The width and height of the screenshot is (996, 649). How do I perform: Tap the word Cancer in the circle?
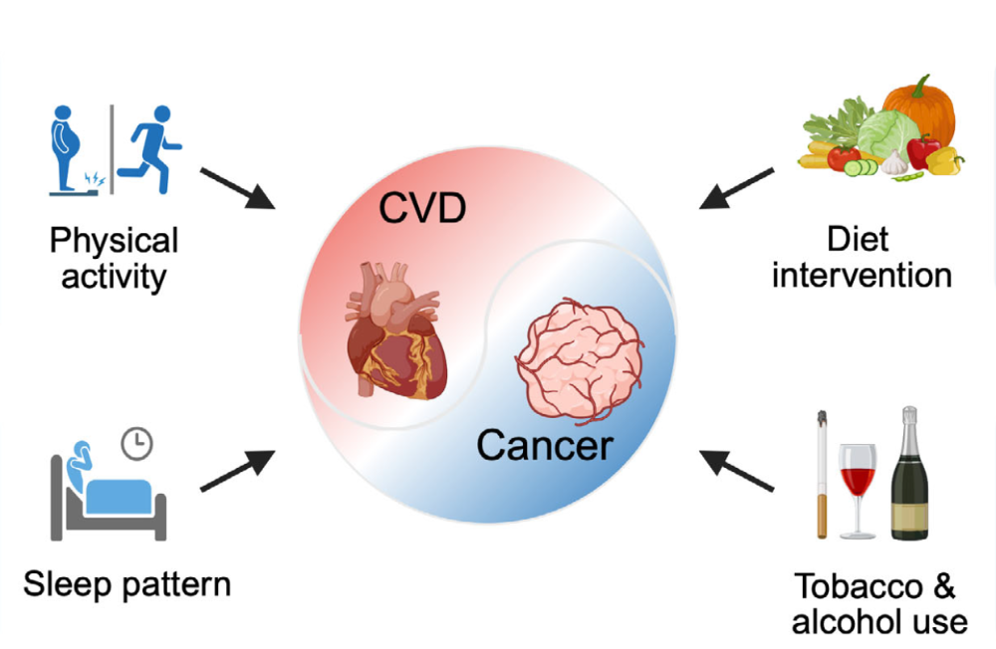point(544,444)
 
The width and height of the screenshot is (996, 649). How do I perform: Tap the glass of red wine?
point(857,488)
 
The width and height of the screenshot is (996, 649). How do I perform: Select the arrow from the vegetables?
point(736,188)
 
